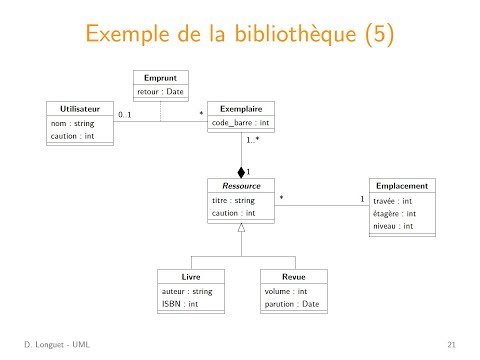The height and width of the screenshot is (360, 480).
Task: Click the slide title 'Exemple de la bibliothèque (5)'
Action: (240, 36)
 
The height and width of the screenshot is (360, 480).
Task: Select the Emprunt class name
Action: (160, 77)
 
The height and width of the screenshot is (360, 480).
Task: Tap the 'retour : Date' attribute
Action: (161, 92)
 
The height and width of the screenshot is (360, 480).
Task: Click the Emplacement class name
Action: (402, 186)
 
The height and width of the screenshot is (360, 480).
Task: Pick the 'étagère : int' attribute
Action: (394, 213)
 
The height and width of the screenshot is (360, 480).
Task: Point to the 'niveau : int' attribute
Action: (393, 226)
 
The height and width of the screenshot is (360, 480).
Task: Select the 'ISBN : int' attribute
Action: (180, 303)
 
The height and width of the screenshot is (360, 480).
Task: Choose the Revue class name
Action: (293, 275)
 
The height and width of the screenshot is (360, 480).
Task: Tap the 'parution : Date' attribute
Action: (292, 303)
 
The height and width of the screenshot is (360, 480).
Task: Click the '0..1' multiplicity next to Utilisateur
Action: (125, 115)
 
